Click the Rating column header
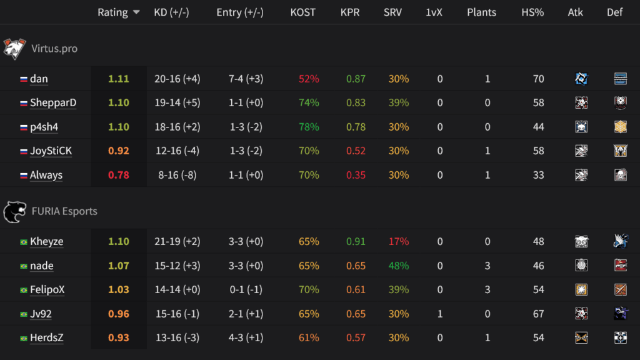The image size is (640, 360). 112,12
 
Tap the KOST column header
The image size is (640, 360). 303,12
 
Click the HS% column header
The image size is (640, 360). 532,12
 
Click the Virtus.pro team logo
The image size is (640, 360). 14,48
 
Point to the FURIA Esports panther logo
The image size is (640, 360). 14,211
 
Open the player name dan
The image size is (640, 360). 39,79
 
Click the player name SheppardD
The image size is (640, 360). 53,102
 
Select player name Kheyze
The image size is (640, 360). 46,241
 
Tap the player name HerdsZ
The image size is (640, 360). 46,337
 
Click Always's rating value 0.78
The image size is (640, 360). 119,175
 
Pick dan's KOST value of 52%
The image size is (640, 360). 309,79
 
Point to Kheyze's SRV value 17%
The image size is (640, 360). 399,241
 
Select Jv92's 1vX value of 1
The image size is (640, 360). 440,314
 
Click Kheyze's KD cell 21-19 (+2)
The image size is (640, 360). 177,241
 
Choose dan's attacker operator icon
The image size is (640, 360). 582,79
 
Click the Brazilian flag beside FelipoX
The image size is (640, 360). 24,290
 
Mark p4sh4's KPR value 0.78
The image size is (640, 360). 356,127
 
